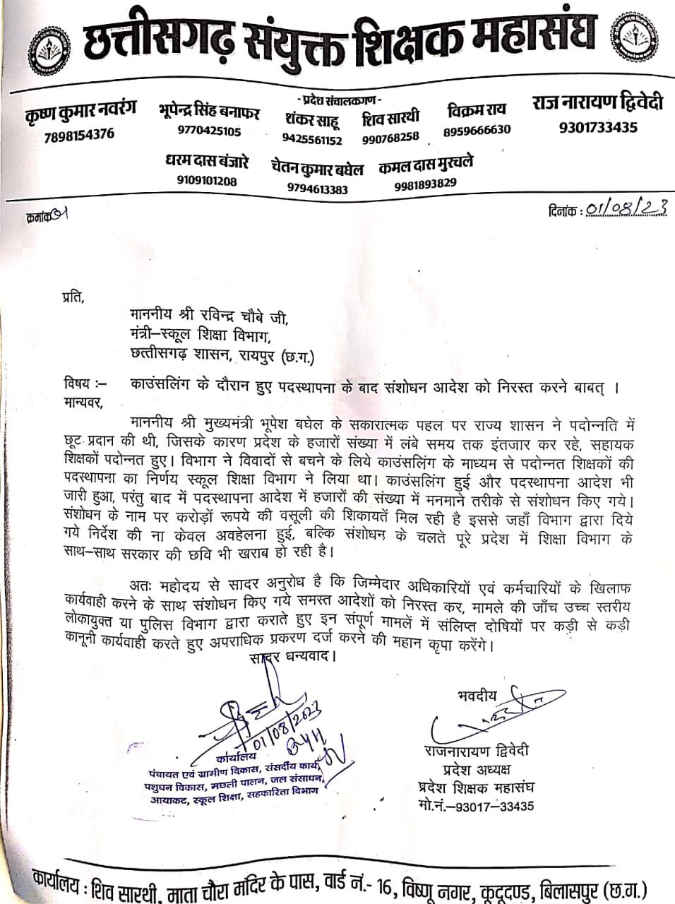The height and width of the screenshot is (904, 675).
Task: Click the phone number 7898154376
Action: coord(79,134)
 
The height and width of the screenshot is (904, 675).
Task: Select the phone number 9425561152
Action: coord(311,140)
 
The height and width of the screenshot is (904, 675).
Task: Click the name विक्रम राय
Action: coord(477,110)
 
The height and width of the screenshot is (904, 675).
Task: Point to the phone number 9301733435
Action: coord(598,127)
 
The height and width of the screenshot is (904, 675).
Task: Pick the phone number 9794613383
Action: coord(317,189)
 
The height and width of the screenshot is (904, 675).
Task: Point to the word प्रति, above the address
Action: coord(72,297)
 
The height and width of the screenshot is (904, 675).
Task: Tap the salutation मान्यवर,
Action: coord(83,403)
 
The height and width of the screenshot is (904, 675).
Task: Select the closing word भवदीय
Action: coord(473,696)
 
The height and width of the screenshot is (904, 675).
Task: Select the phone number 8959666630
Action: coord(477,130)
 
